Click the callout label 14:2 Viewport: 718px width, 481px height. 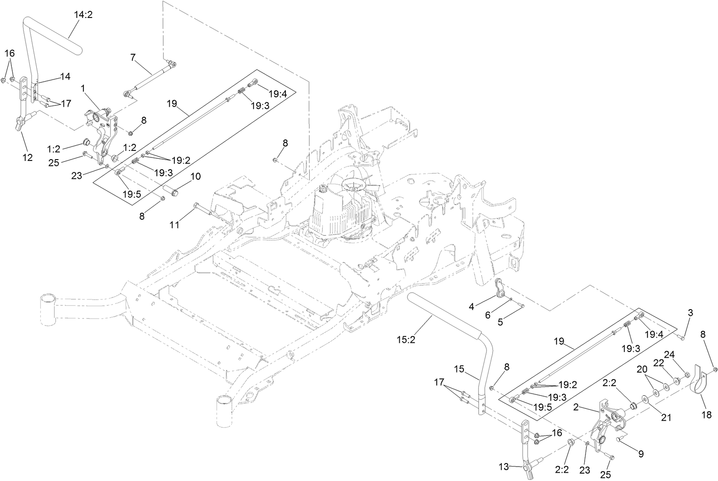pyautogui.click(x=83, y=14)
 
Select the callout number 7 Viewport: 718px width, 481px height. pyautogui.click(x=133, y=56)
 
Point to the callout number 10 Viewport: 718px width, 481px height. pyautogui.click(x=195, y=176)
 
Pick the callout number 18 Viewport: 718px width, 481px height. pyautogui.click(x=707, y=415)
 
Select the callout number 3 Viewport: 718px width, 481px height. pyautogui.click(x=690, y=313)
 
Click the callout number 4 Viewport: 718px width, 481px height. pyautogui.click(x=471, y=307)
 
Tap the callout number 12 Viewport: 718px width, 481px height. pyautogui.click(x=28, y=157)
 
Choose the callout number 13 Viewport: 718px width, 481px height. pyautogui.click(x=504, y=467)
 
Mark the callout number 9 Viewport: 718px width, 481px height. pyautogui.click(x=641, y=454)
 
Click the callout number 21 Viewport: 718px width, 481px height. pyautogui.click(x=666, y=418)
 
